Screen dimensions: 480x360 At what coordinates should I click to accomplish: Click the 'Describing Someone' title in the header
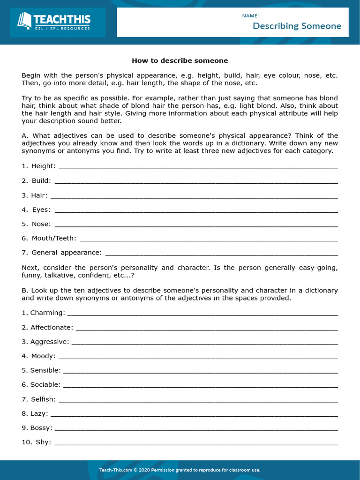(x=297, y=26)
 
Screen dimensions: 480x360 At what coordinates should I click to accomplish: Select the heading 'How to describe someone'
(x=180, y=60)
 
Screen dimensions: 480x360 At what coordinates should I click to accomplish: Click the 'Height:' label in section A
(x=44, y=166)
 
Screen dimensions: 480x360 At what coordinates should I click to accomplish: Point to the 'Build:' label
(x=41, y=181)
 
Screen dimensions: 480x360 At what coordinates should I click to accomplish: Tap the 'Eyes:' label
(x=41, y=210)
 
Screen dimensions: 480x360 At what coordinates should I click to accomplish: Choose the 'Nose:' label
(x=41, y=224)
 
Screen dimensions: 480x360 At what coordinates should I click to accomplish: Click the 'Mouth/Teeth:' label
(x=53, y=239)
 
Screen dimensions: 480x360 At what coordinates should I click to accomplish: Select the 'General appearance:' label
(x=67, y=253)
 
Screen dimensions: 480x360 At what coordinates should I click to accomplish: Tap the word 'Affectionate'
(x=52, y=328)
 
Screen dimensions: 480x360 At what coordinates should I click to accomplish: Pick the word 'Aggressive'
(x=49, y=342)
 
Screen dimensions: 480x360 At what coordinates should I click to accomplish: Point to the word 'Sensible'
(x=45, y=371)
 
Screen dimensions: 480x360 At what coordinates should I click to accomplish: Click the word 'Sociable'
(x=45, y=385)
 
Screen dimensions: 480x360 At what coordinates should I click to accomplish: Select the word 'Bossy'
(x=41, y=428)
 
